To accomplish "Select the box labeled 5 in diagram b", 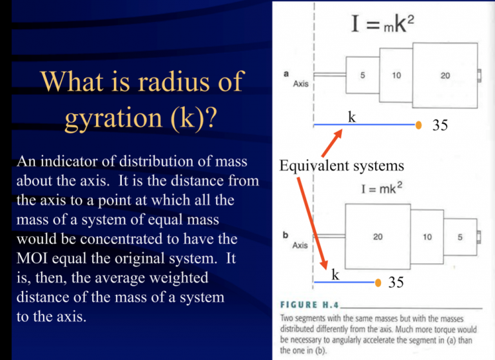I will coord(460,237).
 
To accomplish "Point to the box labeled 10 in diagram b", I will coord(428,237).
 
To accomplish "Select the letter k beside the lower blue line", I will coord(335,275).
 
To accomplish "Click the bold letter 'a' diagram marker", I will coord(286,73).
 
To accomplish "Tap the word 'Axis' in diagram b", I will coord(300,245).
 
